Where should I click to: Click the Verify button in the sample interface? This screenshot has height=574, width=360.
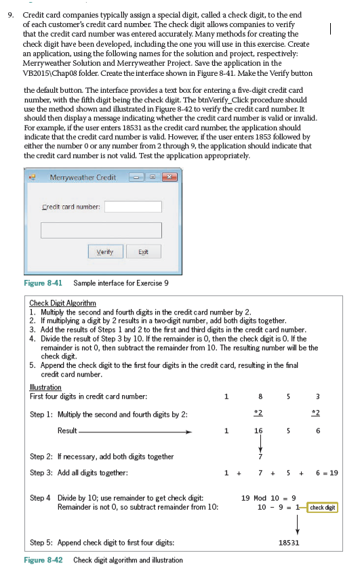tap(104, 252)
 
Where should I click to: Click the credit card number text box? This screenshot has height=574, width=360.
tap(134, 207)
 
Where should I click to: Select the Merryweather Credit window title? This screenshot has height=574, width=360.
tap(83, 178)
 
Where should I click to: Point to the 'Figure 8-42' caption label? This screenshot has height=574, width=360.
tap(43, 560)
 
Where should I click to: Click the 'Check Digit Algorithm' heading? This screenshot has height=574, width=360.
tap(62, 302)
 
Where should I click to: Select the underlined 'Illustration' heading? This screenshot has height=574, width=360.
tap(45, 388)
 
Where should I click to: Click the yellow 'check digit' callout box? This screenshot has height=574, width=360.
tap(323, 508)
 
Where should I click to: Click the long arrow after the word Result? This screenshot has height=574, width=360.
tap(136, 430)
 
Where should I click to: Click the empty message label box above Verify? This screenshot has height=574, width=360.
tap(102, 230)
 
